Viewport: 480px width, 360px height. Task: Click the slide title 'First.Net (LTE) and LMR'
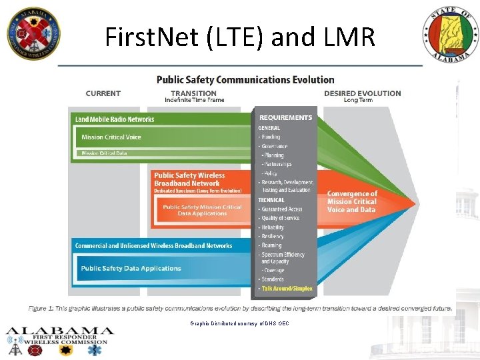(x=240, y=37)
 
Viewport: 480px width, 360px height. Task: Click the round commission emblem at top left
(x=33, y=33)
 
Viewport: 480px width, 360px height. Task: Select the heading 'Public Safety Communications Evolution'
(x=245, y=79)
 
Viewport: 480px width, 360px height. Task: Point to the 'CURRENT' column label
(x=103, y=93)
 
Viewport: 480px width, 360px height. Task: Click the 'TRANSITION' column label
(x=194, y=93)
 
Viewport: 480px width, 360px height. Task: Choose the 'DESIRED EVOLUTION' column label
(x=363, y=93)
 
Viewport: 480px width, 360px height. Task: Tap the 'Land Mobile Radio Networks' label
(x=115, y=119)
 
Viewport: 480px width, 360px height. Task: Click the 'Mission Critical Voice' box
(x=111, y=137)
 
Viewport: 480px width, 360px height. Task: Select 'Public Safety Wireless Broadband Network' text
(x=189, y=179)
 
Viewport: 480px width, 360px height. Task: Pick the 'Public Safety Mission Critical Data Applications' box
(x=202, y=210)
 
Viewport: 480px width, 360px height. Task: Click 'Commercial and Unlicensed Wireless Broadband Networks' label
(x=153, y=246)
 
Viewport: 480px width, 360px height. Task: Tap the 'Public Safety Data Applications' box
(x=131, y=269)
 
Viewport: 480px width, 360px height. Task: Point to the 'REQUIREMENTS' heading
(x=285, y=118)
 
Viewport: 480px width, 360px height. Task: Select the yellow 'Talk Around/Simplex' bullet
(x=287, y=289)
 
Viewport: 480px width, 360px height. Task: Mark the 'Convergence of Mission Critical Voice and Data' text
(x=352, y=201)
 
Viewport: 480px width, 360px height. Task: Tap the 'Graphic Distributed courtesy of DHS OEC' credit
(x=240, y=323)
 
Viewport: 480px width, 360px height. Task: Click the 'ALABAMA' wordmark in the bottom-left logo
(x=60, y=331)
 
